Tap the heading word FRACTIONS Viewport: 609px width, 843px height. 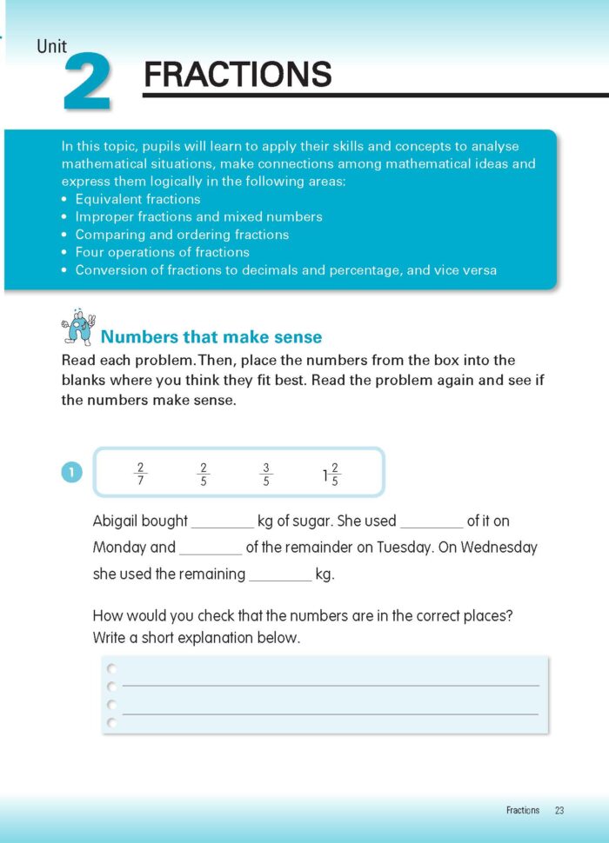pyautogui.click(x=238, y=75)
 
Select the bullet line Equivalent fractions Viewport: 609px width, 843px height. pyautogui.click(x=137, y=199)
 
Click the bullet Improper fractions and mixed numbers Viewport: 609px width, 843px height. pyautogui.click(x=198, y=216)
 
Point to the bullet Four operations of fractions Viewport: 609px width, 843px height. pyautogui.click(x=162, y=252)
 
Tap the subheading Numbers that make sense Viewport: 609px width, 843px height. pyautogui.click(x=211, y=337)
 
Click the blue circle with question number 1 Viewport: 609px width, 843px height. pyautogui.click(x=70, y=473)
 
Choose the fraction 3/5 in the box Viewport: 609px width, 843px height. pyautogui.click(x=266, y=474)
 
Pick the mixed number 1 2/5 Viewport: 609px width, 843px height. pyautogui.click(x=330, y=475)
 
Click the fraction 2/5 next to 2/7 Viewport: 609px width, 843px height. pyautogui.click(x=204, y=474)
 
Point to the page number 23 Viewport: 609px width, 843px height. pyautogui.click(x=559, y=811)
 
